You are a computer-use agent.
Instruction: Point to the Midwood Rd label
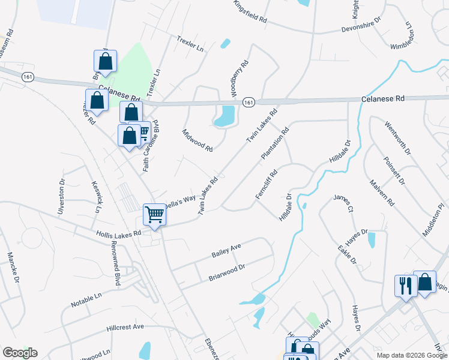click(197, 140)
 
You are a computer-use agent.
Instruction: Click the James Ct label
click(343, 203)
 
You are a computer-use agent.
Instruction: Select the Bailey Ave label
click(226, 251)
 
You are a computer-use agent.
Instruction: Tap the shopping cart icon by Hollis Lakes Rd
click(154, 214)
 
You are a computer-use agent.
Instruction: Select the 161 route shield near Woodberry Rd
click(249, 103)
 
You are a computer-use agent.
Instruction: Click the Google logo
click(20, 353)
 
